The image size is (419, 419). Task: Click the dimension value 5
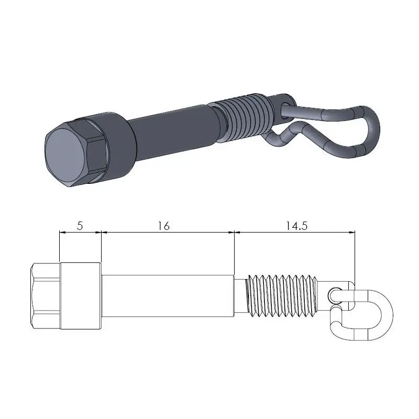click(80, 226)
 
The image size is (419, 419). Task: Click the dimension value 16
click(163, 226)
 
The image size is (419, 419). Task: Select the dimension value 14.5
click(297, 226)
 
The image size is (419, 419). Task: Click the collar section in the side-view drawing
click(81, 295)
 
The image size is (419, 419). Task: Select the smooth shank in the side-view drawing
click(168, 295)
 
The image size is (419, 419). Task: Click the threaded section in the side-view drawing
click(283, 295)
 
